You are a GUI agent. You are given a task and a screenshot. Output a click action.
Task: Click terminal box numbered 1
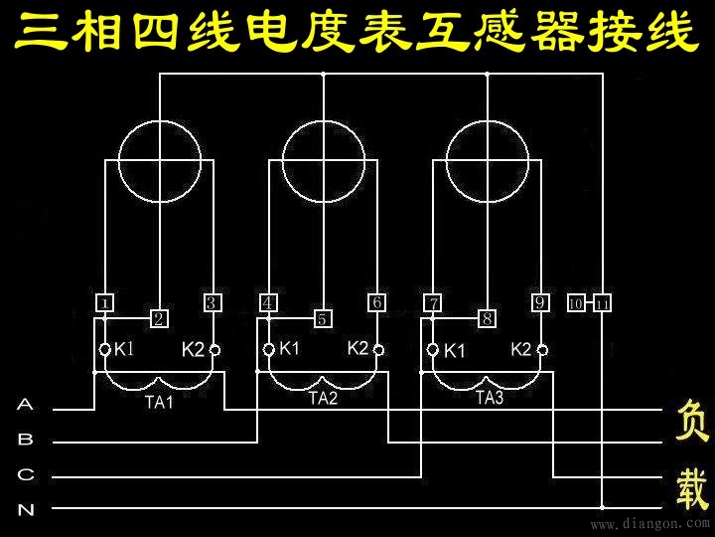[x=105, y=302]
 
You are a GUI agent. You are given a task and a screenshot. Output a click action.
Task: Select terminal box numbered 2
[x=159, y=319]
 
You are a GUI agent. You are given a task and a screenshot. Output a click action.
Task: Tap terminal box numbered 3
[x=213, y=302]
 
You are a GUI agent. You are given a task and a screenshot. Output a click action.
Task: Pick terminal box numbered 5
[x=324, y=319]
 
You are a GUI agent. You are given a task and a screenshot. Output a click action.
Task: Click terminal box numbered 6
[x=377, y=302]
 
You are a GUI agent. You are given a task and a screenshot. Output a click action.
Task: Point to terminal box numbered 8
[x=487, y=319]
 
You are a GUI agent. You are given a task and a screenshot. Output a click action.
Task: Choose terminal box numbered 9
[x=540, y=302]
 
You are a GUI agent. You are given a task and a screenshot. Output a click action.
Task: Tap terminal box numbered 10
[x=575, y=303]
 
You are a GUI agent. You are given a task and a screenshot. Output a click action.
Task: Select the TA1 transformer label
[x=159, y=403]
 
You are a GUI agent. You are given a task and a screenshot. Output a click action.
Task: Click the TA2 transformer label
[x=324, y=398]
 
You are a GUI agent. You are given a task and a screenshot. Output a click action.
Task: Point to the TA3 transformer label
[x=490, y=398]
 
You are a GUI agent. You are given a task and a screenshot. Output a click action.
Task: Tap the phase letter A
[x=26, y=405]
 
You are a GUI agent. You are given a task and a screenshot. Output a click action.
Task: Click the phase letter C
[x=26, y=474]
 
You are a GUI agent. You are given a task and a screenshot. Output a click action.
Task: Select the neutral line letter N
[x=26, y=510]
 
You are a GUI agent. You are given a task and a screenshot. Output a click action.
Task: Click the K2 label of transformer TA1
[x=193, y=349]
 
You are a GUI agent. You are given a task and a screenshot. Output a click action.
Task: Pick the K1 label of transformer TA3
[x=455, y=350]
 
